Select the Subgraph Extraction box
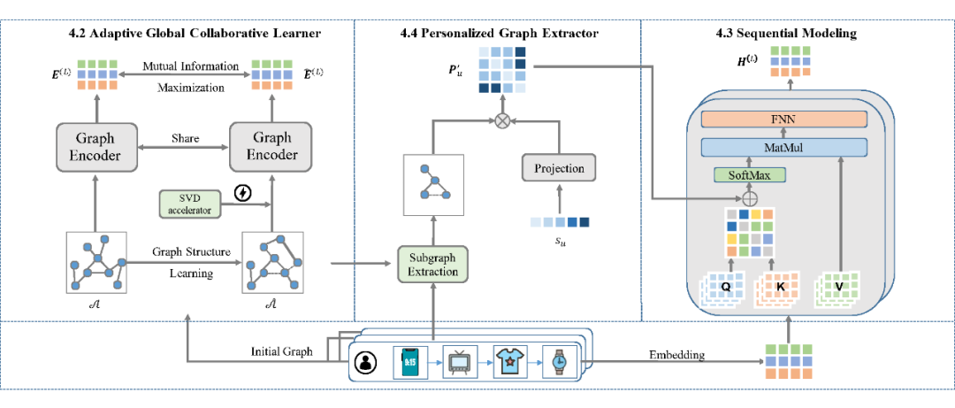tap(433, 265)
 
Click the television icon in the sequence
tap(460, 361)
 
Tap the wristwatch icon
tap(560, 361)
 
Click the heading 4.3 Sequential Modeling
tap(786, 34)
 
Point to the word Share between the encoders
tap(187, 139)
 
